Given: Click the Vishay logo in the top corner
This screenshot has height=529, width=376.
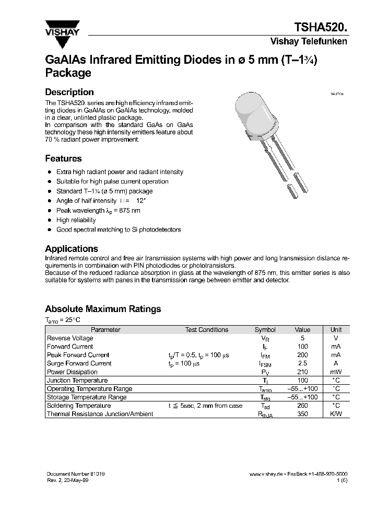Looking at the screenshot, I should [61, 27].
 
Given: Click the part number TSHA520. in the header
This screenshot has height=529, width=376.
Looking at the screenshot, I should [321, 27].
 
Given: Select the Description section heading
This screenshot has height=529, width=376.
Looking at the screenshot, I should [69, 92].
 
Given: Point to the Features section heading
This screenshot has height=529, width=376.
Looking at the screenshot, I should [63, 158].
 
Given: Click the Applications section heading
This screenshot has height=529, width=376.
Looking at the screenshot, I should [72, 249].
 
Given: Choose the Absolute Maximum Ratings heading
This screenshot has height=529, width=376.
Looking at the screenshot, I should [103, 309].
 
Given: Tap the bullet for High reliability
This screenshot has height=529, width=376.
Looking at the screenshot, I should [49, 220].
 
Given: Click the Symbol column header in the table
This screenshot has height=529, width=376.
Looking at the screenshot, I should [265, 330].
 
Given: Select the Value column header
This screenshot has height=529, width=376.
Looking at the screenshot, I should [302, 330].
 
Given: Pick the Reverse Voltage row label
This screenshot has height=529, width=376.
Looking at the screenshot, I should [70, 338].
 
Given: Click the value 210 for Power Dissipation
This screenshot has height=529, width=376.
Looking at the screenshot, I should [302, 372].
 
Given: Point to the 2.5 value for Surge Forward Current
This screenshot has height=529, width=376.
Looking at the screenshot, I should [302, 363].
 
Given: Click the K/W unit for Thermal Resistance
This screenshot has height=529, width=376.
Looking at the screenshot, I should [336, 414].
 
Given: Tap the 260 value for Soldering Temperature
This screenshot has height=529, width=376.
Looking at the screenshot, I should [302, 406].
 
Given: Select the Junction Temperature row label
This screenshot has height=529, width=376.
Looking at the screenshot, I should [77, 381].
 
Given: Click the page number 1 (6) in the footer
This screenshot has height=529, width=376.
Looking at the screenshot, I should [341, 480].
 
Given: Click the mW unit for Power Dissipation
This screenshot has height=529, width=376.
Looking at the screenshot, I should [336, 372].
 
